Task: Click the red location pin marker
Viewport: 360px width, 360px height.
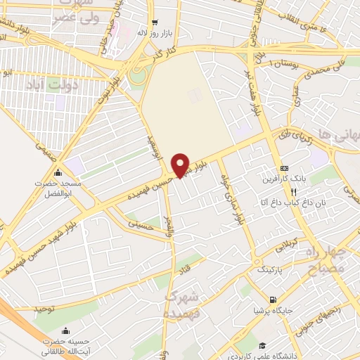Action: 181,165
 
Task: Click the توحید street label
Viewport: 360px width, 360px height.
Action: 44,308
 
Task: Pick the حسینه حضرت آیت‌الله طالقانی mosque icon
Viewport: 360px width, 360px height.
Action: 65,332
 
